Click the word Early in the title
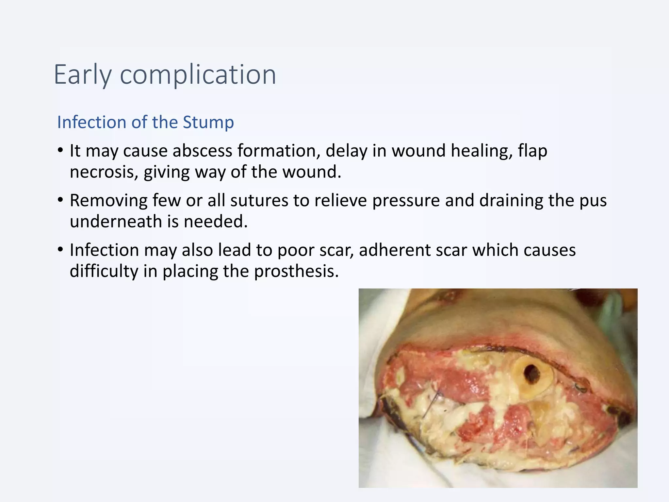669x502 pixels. coord(83,75)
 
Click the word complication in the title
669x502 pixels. coord(198,75)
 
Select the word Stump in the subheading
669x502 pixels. coord(208,122)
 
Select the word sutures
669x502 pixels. coord(259,200)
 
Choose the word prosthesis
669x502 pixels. coord(296,271)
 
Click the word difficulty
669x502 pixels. coord(104,271)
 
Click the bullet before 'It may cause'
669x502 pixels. coord(60,151)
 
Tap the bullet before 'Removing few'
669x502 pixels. coord(60,200)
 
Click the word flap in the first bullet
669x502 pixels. coord(532,151)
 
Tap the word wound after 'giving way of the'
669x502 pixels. coord(313,172)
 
